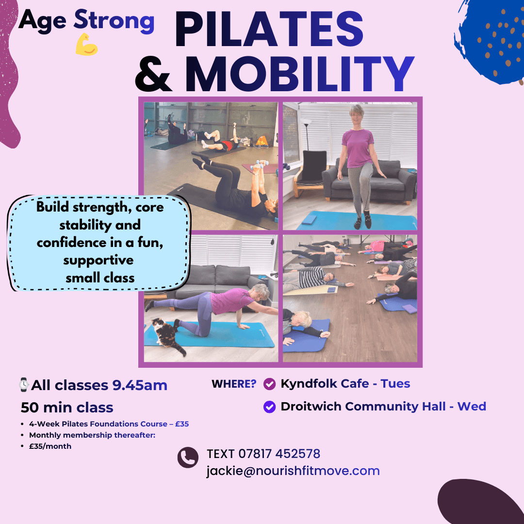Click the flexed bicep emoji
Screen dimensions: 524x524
point(86,44)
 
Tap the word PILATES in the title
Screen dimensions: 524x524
point(269,30)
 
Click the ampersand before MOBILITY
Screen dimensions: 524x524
point(153,74)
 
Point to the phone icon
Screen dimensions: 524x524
point(188,457)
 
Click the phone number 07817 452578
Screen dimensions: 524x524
point(279,454)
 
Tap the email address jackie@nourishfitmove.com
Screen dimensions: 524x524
point(293,471)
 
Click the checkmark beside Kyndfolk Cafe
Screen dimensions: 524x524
point(269,384)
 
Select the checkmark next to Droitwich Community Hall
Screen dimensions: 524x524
point(269,407)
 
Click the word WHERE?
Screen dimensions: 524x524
point(234,384)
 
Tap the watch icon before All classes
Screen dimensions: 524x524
point(24,385)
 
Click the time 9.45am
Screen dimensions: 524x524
point(140,385)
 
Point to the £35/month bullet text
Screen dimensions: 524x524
point(50,446)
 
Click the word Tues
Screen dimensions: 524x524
point(395,384)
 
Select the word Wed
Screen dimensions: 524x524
point(472,407)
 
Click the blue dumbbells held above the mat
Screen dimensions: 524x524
point(260,165)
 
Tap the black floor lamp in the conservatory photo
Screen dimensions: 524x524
point(306,135)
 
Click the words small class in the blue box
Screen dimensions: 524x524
point(100,278)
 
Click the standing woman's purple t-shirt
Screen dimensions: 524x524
point(358,147)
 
